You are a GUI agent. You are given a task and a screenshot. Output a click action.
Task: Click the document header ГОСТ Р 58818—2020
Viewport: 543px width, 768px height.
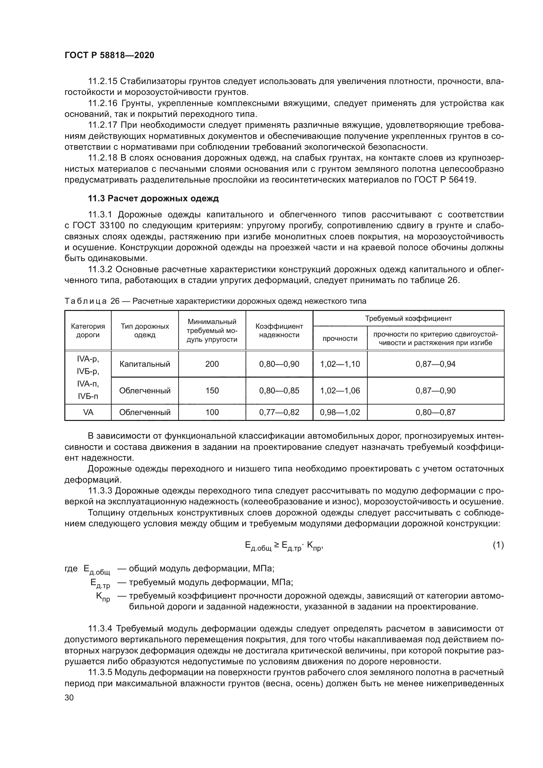click(109, 55)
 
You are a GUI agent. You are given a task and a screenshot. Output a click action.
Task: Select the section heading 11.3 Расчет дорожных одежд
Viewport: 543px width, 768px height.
click(153, 198)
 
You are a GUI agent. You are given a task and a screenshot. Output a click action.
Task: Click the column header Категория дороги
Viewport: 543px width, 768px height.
click(88, 331)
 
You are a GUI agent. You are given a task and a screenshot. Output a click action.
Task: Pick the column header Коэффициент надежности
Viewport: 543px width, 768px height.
click(279, 331)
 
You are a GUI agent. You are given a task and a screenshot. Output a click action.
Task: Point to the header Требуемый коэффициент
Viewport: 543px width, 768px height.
click(408, 318)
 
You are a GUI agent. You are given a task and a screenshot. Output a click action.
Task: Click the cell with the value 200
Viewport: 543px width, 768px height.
click(212, 364)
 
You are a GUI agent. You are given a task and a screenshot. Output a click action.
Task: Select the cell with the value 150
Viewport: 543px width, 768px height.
click(212, 390)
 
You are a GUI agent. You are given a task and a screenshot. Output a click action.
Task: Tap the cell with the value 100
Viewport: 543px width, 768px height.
click(212, 412)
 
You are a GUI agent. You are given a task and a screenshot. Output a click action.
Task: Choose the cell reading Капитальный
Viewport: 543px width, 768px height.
click(145, 364)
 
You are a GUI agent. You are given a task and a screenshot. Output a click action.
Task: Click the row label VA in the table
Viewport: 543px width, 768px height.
click(88, 412)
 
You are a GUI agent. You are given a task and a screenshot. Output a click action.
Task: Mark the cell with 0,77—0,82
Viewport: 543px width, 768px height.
click(279, 412)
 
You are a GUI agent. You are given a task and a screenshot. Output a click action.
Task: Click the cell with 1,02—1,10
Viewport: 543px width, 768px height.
click(340, 364)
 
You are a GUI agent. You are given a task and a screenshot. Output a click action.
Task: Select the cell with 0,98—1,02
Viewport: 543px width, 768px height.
click(340, 412)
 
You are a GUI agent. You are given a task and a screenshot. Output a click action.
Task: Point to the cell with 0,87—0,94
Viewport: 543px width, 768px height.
click(435, 364)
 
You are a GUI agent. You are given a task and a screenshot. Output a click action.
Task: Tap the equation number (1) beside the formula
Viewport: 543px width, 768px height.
click(498, 545)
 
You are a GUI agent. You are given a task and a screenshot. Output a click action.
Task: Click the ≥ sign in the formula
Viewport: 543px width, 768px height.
click(276, 545)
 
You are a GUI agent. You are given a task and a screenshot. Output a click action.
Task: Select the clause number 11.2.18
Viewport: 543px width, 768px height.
click(102, 158)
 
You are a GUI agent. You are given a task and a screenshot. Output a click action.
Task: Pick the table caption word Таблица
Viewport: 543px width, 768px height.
click(86, 301)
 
